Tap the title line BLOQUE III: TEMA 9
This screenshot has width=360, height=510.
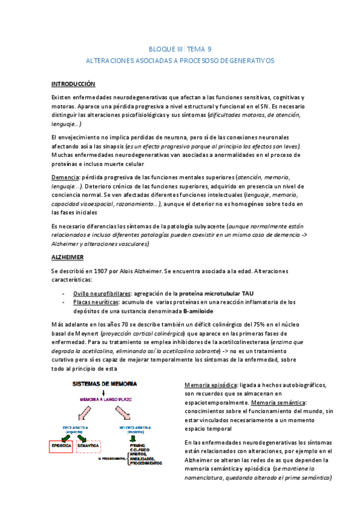tap(180, 49)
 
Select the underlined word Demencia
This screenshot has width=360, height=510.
tap(67, 177)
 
